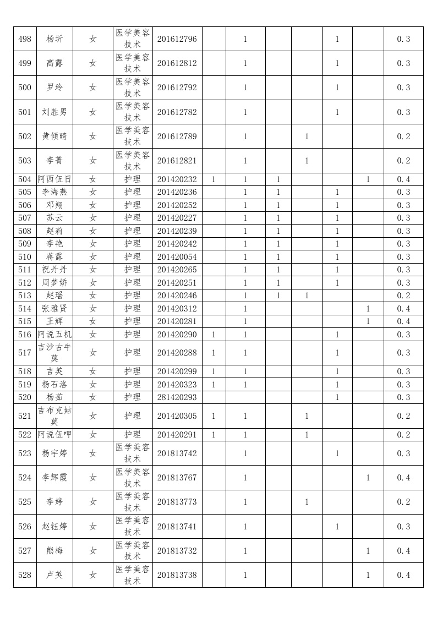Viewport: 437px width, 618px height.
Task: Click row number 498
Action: point(25,39)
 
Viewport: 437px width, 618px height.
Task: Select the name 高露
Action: point(54,63)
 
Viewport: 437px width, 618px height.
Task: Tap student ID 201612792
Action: point(177,87)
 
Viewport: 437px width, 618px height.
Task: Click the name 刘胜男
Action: point(54,112)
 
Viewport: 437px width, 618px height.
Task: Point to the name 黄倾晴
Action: point(54,136)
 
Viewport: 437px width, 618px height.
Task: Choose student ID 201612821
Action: point(177,161)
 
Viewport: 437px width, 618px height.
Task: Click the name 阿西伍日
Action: point(54,179)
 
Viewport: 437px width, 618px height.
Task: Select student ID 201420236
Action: point(177,192)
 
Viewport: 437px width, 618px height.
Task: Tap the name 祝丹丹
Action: point(54,270)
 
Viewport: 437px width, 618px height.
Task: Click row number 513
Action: point(25,296)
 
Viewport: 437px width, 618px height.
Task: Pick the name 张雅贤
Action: point(54,309)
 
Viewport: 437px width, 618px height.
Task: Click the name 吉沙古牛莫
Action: point(54,353)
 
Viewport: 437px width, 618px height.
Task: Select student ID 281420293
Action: point(177,397)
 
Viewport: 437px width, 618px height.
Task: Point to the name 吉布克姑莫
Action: point(54,416)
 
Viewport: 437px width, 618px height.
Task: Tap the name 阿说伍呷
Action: point(54,435)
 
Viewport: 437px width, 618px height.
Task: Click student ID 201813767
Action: point(177,478)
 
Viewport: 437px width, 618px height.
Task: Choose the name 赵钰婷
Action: point(54,527)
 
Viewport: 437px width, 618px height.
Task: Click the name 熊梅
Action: point(54,551)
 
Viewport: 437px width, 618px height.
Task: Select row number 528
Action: point(25,575)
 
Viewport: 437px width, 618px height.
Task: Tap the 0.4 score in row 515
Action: point(403,321)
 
